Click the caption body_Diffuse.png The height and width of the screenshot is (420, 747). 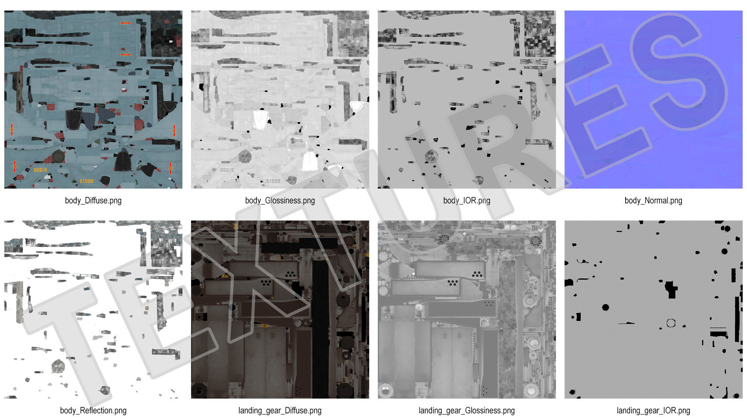(x=93, y=201)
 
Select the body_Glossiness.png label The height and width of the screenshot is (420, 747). (x=280, y=201)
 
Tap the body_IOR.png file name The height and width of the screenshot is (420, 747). (x=466, y=201)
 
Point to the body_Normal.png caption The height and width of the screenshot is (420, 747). (x=653, y=201)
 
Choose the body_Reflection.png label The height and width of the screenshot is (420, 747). (x=93, y=411)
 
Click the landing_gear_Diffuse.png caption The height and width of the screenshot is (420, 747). (x=280, y=411)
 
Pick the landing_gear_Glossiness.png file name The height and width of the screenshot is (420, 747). (x=466, y=411)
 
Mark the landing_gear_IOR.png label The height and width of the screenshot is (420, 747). (x=653, y=411)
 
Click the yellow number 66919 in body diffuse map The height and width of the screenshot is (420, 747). (x=40, y=170)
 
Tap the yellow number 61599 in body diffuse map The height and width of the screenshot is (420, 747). (x=86, y=181)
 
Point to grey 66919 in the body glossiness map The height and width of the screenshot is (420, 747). (x=227, y=170)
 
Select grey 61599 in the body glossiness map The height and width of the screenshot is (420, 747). (x=273, y=181)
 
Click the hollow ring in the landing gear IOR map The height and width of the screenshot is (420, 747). (x=671, y=323)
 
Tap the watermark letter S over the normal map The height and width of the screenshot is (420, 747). (x=679, y=72)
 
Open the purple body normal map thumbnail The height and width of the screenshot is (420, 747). (x=653, y=100)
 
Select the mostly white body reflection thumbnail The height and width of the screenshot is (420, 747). (x=93, y=310)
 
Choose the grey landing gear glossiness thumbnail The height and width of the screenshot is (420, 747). (x=466, y=310)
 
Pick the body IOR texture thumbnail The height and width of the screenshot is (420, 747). (x=466, y=100)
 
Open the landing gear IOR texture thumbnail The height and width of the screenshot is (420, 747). (x=653, y=310)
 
